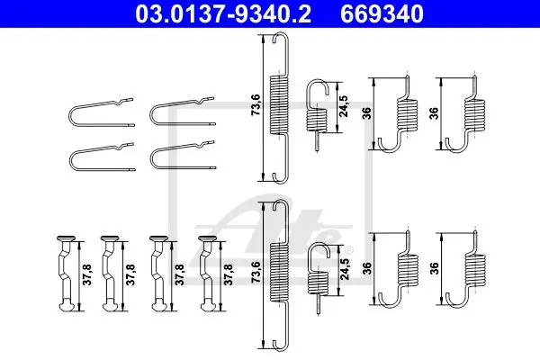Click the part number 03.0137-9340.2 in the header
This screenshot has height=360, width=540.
223,13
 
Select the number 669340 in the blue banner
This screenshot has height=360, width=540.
382,13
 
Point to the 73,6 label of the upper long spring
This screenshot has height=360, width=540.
256,105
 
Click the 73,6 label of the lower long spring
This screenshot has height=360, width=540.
256,272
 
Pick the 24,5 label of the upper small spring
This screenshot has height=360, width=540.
344,106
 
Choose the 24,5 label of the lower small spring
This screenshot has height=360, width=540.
345,268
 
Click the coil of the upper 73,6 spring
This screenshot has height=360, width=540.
279,105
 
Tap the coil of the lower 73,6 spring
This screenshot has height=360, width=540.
280,273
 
